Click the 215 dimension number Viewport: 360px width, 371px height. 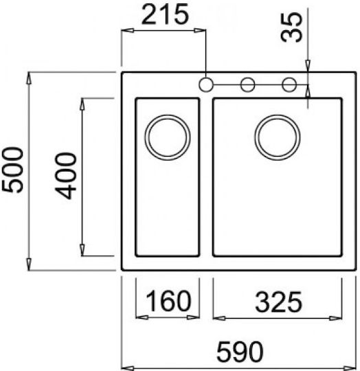coord(165,14)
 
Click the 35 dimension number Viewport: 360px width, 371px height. coord(291,27)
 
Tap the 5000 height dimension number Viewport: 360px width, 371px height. coord(13,170)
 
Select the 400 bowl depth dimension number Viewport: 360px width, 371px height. coord(65,176)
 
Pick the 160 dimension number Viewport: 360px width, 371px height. coord(168,301)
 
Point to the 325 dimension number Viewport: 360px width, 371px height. coord(278,302)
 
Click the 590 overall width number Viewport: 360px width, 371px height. coord(240,352)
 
